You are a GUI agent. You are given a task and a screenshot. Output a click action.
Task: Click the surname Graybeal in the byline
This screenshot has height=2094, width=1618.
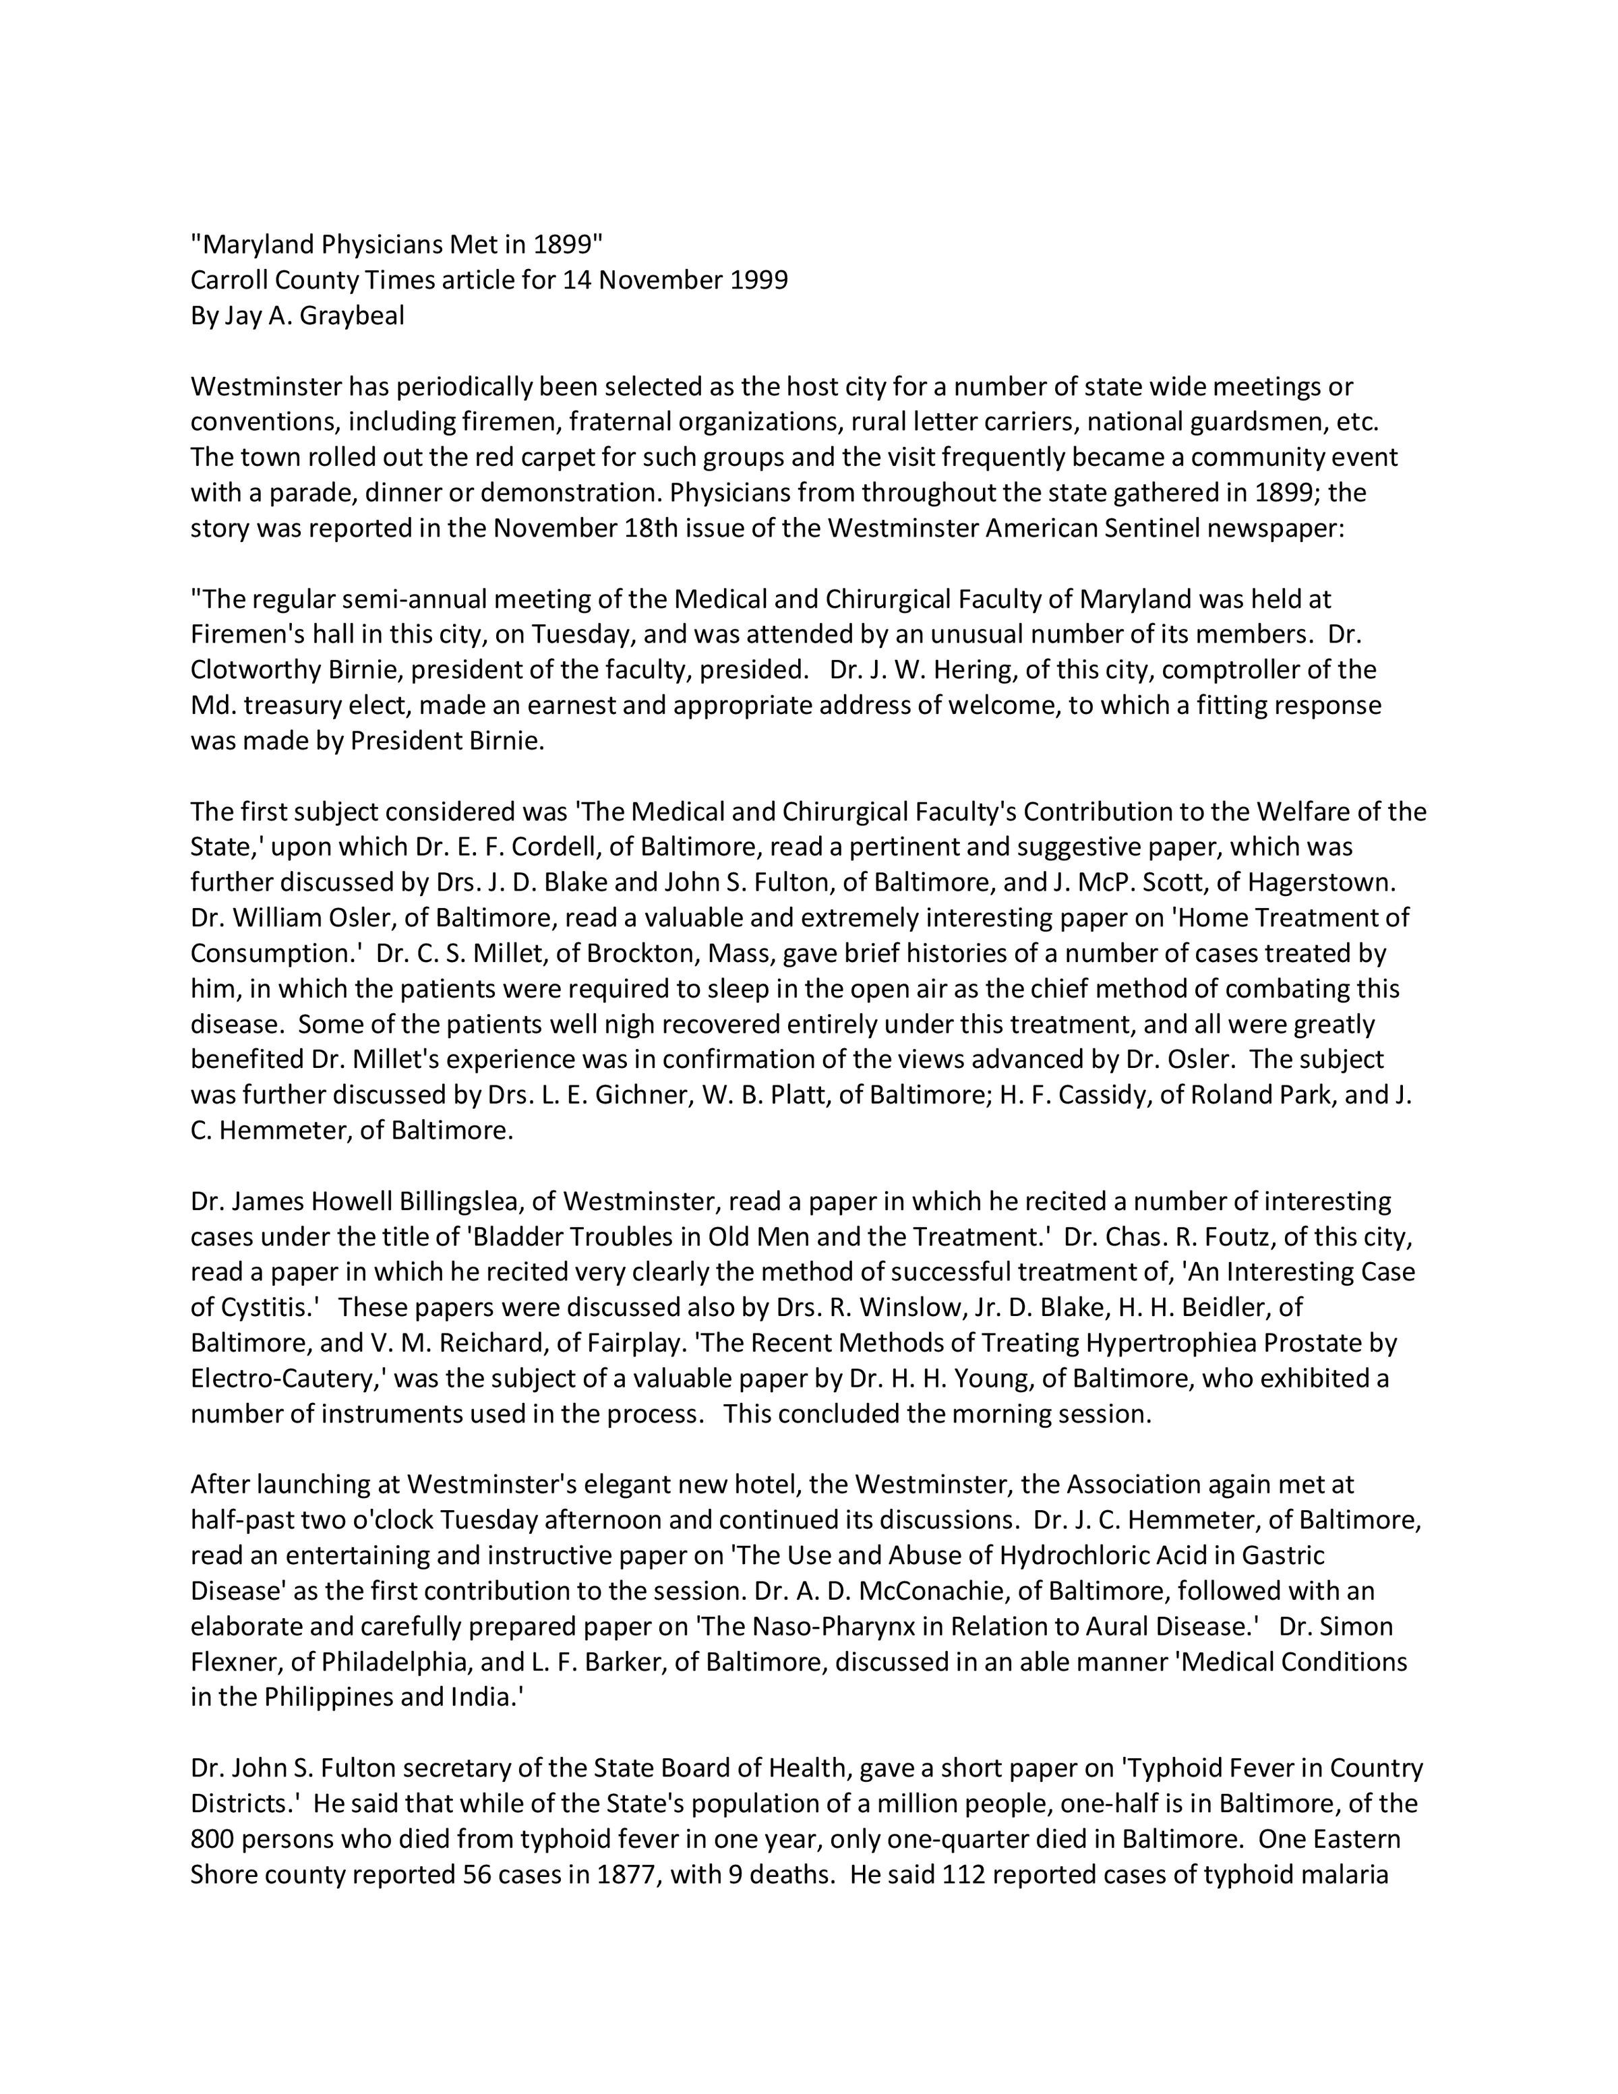click(352, 316)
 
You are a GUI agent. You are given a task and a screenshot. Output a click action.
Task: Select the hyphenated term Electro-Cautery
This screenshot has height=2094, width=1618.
click(289, 1379)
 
